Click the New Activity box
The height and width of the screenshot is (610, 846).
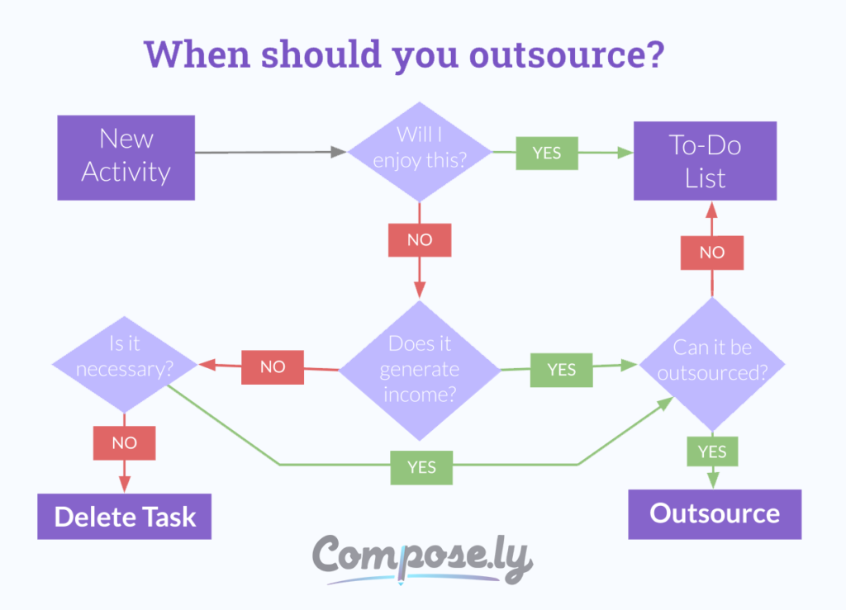(x=126, y=157)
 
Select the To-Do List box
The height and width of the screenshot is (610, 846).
(x=705, y=161)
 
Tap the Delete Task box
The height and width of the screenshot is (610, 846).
(x=124, y=517)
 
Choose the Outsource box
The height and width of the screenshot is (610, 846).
(x=715, y=513)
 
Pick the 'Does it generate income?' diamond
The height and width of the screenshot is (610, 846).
(x=419, y=369)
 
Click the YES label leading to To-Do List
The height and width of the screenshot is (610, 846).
(x=547, y=153)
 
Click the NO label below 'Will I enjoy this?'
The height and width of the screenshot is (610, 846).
(x=420, y=239)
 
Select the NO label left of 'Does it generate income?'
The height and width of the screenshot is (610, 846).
(x=273, y=367)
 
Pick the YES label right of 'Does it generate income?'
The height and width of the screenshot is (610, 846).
(x=562, y=370)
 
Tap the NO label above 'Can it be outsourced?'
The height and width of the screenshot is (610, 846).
(x=712, y=253)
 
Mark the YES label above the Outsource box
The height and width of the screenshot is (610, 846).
(x=712, y=452)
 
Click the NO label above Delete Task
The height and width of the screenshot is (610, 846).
(x=124, y=443)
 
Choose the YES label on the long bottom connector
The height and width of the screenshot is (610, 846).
(x=421, y=467)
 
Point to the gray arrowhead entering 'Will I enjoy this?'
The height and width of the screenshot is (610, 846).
(x=338, y=152)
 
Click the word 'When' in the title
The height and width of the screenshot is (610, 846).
(x=198, y=54)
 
